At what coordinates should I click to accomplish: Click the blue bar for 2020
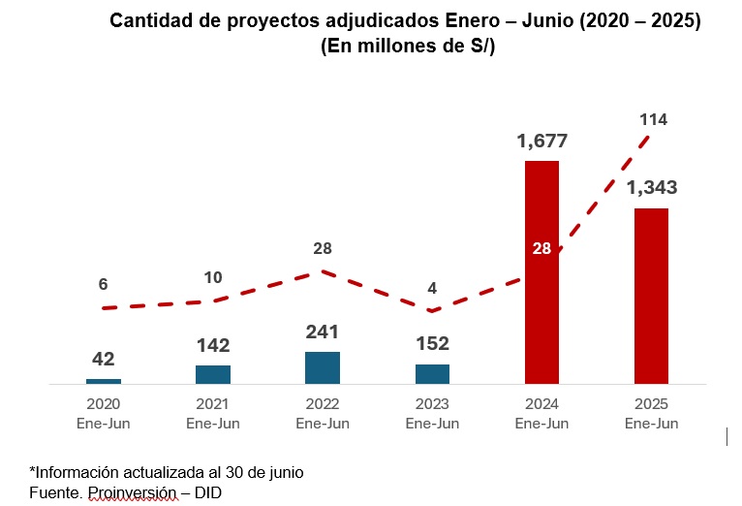click(104, 381)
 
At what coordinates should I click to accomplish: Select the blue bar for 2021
click(213, 374)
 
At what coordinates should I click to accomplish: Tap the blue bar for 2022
click(323, 367)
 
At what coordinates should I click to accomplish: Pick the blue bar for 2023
click(433, 374)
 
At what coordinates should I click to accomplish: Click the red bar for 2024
click(541, 272)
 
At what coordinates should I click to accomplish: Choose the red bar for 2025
click(651, 296)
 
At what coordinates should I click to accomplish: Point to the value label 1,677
click(541, 142)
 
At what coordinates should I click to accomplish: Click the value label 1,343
click(652, 188)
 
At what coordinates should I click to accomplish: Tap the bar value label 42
click(103, 359)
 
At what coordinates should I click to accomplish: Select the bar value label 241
click(323, 332)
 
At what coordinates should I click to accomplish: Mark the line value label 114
click(654, 120)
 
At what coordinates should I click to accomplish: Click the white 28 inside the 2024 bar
click(541, 248)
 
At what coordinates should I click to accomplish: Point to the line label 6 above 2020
click(103, 284)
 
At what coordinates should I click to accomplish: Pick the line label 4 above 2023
click(432, 288)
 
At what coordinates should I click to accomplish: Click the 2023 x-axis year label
click(432, 404)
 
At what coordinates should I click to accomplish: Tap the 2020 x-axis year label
click(103, 404)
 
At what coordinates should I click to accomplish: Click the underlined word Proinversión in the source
click(132, 493)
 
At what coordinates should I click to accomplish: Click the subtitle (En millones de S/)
click(408, 46)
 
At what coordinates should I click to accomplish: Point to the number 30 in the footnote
click(234, 472)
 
